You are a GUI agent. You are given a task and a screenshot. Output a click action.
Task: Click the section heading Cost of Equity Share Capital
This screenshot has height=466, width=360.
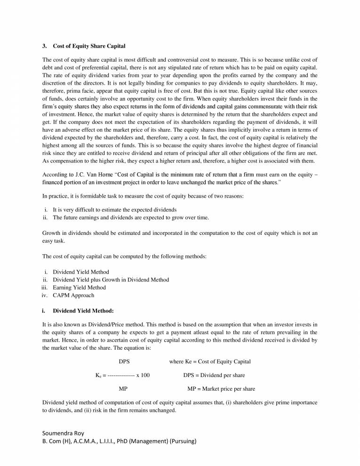coord(89,46)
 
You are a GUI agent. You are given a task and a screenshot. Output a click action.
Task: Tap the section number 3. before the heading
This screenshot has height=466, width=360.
coord(45,46)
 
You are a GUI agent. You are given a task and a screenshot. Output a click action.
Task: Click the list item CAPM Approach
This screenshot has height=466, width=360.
coord(73,295)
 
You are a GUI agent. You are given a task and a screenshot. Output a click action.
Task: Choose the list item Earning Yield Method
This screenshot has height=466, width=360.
coord(79,287)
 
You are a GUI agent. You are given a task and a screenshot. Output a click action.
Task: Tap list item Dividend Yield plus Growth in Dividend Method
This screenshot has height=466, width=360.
coord(111,280)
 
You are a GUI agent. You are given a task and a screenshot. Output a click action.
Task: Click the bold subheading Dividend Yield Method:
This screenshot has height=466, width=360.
coord(83,311)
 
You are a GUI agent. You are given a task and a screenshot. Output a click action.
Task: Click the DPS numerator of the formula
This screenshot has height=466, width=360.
coord(124,361)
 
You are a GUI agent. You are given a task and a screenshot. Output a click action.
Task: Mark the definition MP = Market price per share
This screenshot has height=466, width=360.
coord(221,389)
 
